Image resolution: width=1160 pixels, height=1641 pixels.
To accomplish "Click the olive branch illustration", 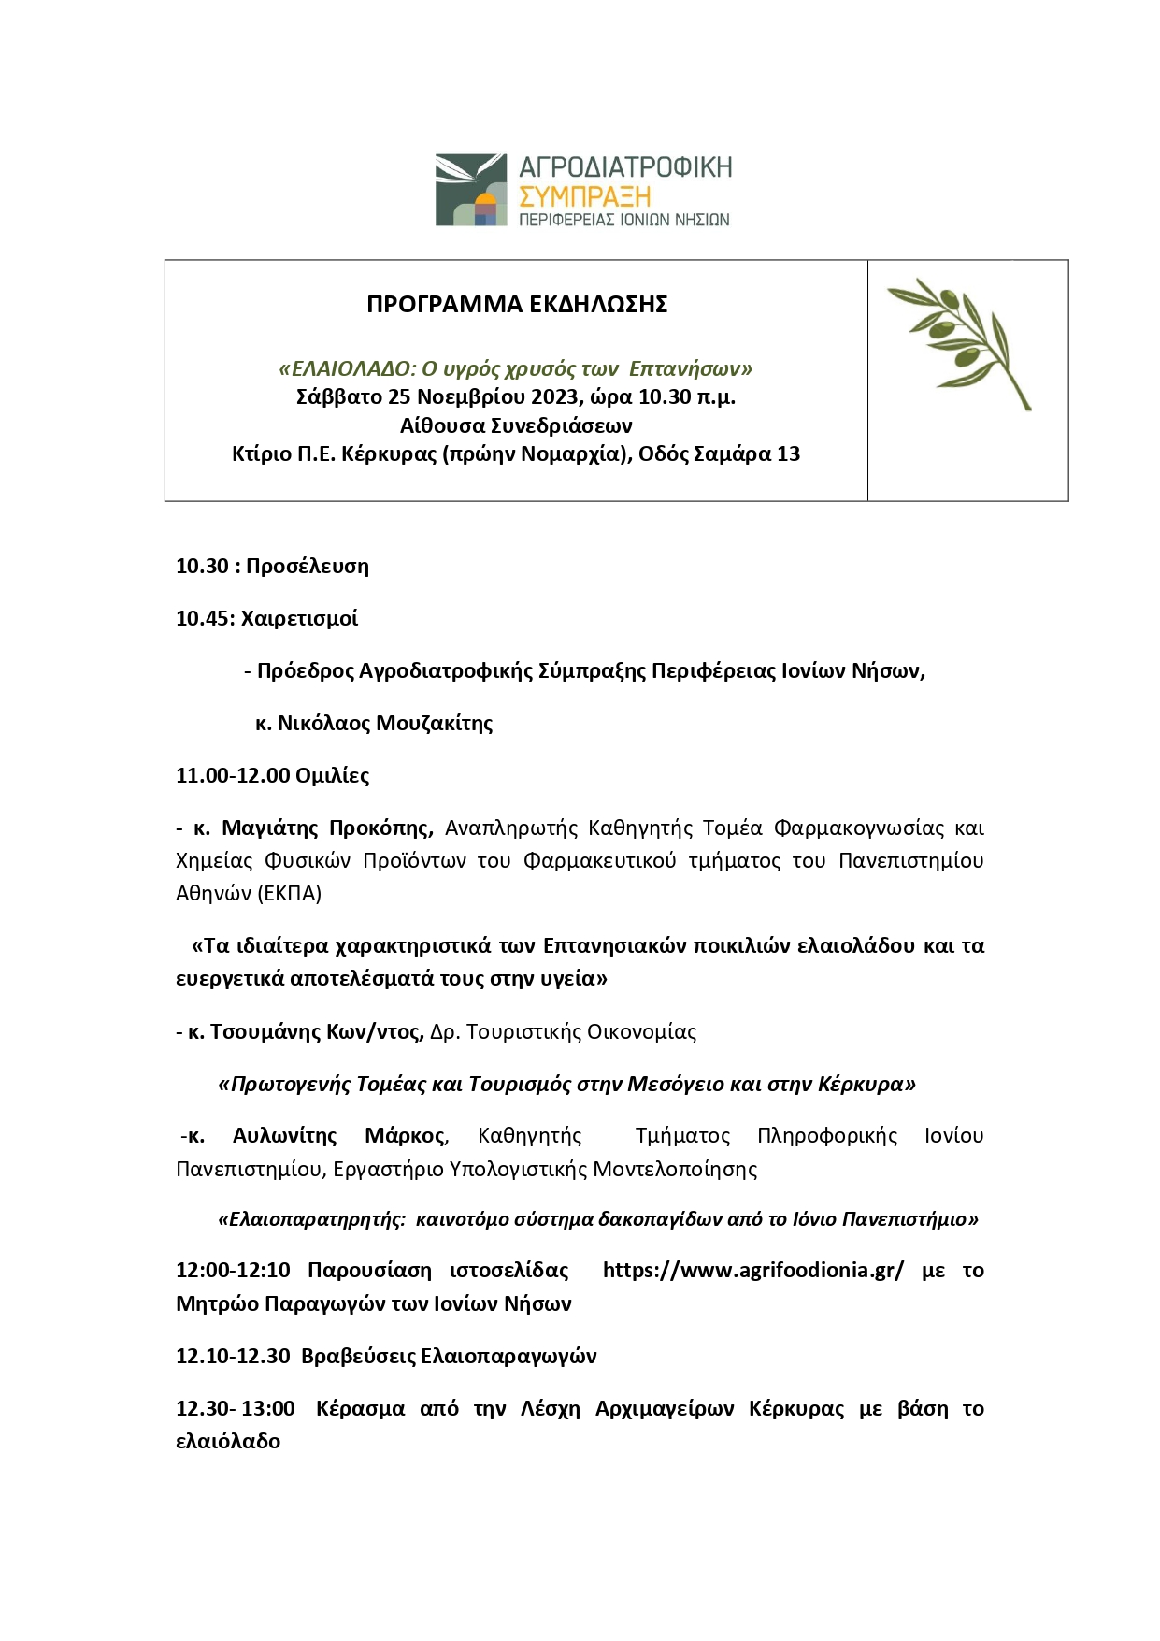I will (x=959, y=343).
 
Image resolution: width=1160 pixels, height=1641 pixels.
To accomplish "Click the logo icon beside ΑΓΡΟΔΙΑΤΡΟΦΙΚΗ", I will (x=470, y=190).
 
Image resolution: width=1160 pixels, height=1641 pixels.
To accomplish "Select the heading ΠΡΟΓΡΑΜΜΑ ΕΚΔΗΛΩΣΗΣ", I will (x=516, y=305).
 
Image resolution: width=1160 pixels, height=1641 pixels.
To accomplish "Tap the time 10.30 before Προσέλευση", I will (x=202, y=567).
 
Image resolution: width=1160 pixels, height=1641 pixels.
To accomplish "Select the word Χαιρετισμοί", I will (x=299, y=619).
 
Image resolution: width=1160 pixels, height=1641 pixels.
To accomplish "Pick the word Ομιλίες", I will (x=332, y=776).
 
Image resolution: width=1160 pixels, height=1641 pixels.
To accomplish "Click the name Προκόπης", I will (x=380, y=828).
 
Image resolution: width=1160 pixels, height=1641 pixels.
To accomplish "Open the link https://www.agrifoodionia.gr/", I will (x=753, y=1271).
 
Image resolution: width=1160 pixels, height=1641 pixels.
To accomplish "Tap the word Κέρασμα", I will (x=360, y=1409).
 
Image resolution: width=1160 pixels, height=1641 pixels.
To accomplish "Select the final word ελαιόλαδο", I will (x=228, y=1442).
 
